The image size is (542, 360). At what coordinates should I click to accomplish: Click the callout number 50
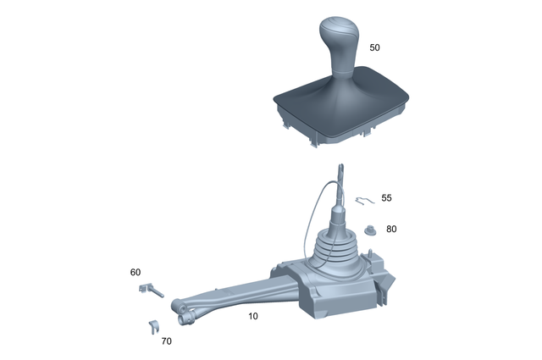[375, 48]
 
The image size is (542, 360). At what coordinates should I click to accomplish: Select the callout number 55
[386, 197]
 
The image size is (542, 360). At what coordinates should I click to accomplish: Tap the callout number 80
[391, 229]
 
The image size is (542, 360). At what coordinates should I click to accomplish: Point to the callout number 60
[135, 272]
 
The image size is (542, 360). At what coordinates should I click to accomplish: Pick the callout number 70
[165, 341]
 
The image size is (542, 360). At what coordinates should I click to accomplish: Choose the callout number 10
[252, 316]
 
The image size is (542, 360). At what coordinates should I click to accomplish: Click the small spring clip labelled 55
[363, 201]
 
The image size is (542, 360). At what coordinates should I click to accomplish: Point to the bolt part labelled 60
[150, 290]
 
